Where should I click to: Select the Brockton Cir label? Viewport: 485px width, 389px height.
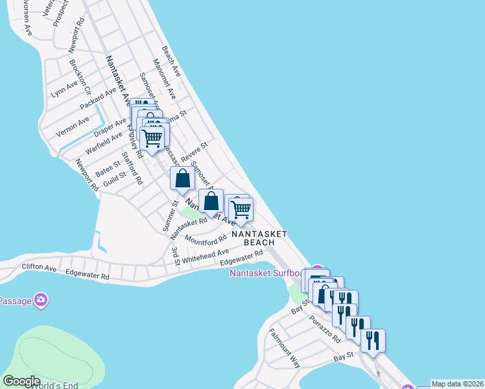coord(80,75)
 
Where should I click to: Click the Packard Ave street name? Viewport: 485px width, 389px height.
coord(98,99)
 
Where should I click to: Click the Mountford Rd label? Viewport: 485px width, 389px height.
coord(206,239)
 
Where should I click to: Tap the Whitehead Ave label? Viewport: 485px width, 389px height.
coord(205,255)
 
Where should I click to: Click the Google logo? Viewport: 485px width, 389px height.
coord(21,381)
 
